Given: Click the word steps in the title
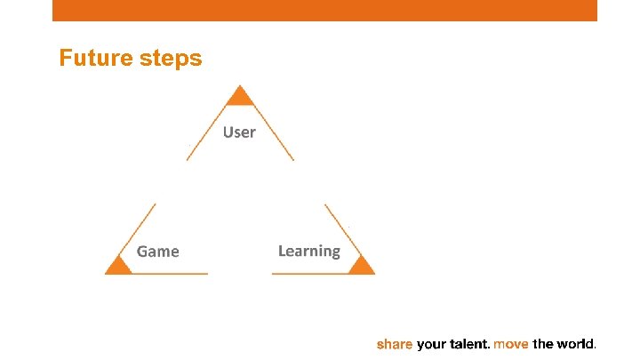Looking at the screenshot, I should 172,60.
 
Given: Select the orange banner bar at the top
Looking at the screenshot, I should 324,10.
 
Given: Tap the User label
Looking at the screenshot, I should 239,132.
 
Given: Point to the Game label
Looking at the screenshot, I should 158,252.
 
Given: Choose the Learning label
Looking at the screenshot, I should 308,251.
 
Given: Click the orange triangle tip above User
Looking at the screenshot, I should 239,96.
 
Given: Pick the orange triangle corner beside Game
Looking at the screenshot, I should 117,265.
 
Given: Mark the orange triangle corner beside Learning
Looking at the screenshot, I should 361,265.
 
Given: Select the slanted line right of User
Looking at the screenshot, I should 275,133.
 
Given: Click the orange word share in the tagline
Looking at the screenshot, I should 395,343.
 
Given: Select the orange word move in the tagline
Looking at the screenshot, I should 511,343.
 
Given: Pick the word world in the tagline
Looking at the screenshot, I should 576,343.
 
